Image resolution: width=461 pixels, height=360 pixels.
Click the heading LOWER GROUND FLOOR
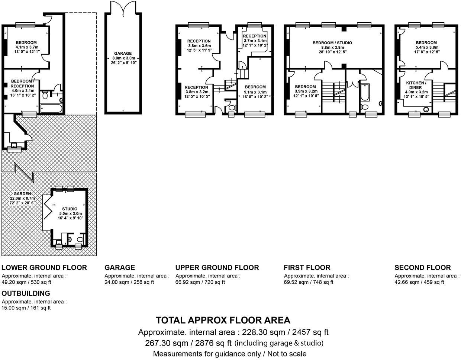(x=44, y=267)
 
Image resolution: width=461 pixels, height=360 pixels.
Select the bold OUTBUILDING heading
(x=26, y=293)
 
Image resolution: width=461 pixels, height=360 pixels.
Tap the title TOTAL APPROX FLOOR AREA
(x=223, y=320)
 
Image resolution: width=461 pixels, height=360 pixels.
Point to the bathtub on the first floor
(x=364, y=93)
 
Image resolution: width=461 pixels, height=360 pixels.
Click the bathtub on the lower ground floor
(x=51, y=109)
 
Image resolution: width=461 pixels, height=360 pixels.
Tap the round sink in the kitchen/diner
(x=426, y=109)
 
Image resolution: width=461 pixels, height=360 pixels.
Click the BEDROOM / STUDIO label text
(x=332, y=43)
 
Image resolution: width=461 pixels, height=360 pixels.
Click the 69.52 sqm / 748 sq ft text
(x=309, y=282)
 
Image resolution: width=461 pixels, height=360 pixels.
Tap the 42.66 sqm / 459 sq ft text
(x=419, y=282)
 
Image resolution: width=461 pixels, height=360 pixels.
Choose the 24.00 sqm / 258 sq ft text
(x=129, y=282)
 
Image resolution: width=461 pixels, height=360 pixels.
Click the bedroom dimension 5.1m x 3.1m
(x=255, y=92)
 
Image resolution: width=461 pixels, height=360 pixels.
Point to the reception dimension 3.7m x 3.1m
(x=255, y=41)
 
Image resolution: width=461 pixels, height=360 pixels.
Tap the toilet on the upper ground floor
(x=232, y=108)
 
